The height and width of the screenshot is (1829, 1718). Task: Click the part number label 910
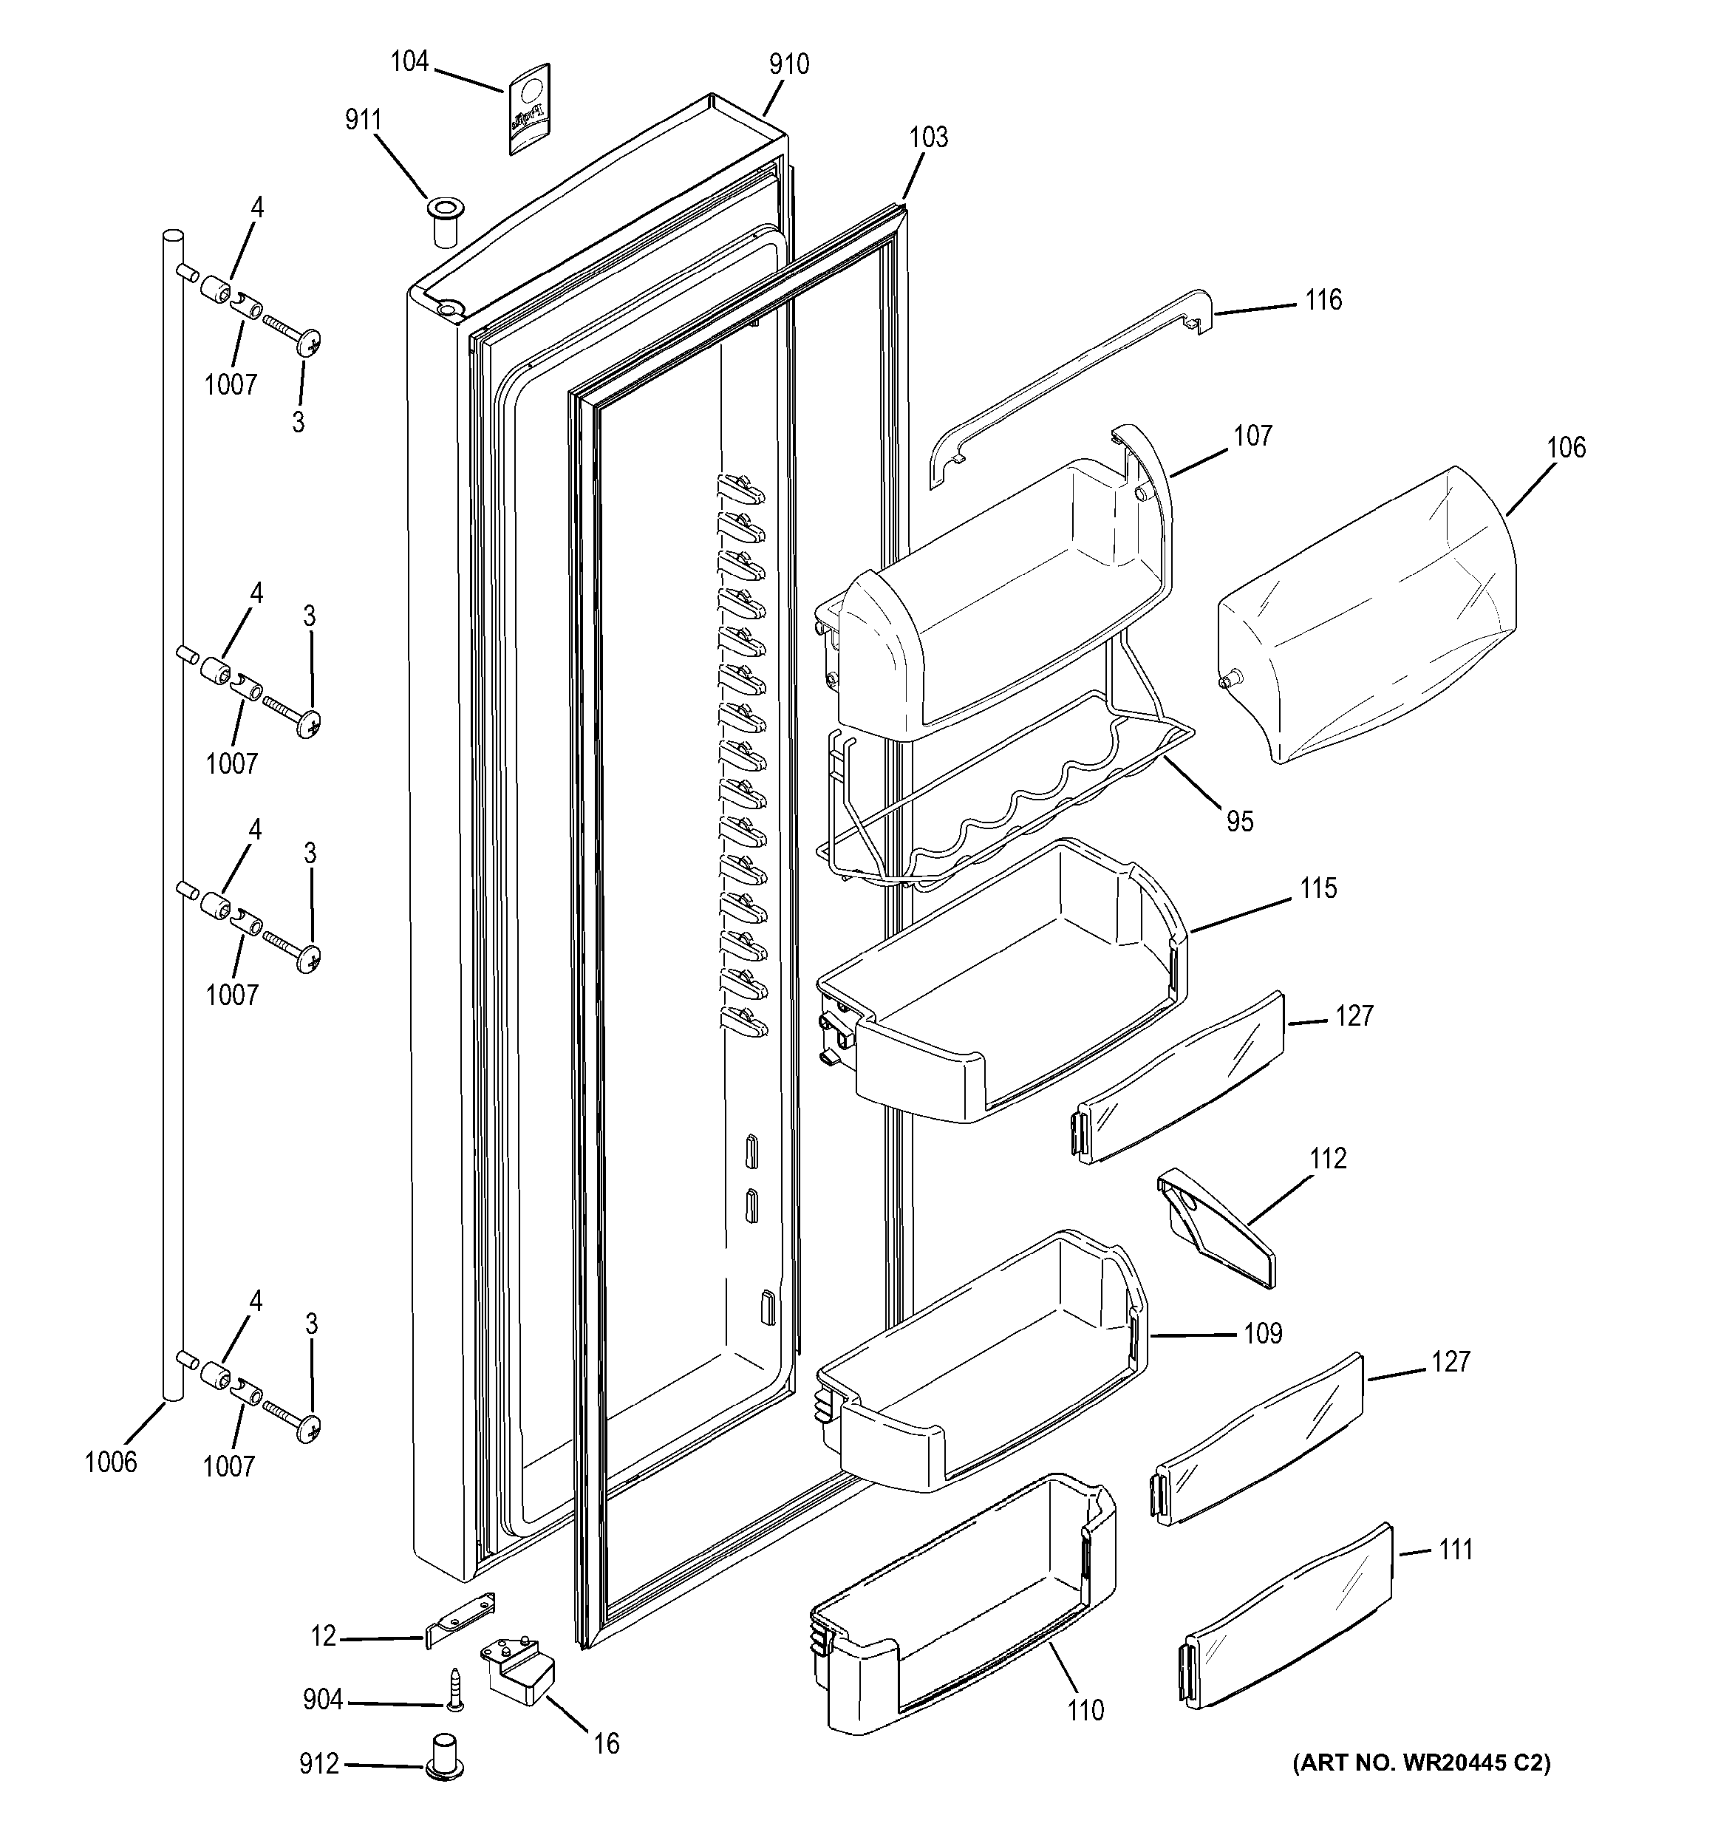point(789,64)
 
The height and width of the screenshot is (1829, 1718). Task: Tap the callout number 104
point(409,61)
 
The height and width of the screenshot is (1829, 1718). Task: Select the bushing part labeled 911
point(444,221)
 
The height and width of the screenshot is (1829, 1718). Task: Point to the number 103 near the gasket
point(928,137)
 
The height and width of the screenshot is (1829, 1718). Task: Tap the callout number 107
point(1252,435)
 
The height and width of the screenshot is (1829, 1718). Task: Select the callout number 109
point(1263,1333)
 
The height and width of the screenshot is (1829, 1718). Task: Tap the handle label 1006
point(110,1461)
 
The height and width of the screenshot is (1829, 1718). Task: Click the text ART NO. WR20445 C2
point(1421,1762)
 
